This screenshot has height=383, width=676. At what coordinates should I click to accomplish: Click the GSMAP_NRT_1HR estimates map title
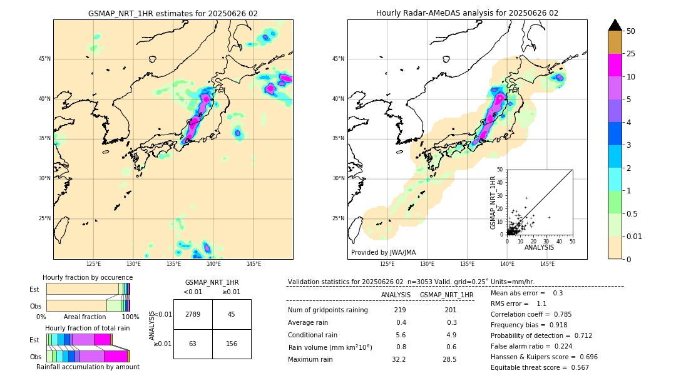coord(173,13)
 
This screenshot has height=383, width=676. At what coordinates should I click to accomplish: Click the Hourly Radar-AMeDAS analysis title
coord(467,13)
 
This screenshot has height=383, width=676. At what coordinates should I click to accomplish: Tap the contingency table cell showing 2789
coord(193,314)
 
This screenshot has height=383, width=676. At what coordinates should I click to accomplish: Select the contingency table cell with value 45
coord(232,314)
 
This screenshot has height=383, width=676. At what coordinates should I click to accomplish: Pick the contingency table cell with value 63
coord(193,344)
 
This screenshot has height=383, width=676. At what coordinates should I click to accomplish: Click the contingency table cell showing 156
coord(232,344)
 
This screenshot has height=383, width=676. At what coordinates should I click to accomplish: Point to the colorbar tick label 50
coord(631,31)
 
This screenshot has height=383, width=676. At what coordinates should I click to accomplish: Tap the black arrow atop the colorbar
coord(615,25)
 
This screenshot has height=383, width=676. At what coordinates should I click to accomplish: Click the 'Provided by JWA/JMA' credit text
coord(383,253)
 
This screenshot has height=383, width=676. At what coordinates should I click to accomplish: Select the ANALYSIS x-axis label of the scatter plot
coord(539,247)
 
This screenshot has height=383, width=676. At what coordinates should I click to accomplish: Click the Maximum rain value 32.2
coord(399,359)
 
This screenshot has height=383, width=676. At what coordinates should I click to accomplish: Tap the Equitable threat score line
coord(540,367)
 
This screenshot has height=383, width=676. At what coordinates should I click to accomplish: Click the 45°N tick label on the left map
coord(44,59)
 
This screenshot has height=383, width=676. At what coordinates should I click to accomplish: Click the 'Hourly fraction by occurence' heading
coord(88,277)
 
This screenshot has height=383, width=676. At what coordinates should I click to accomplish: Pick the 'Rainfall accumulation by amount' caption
coord(88,367)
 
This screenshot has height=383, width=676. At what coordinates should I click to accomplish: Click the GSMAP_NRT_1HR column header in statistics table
coord(446,295)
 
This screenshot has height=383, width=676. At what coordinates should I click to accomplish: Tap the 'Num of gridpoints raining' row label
coord(327,310)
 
